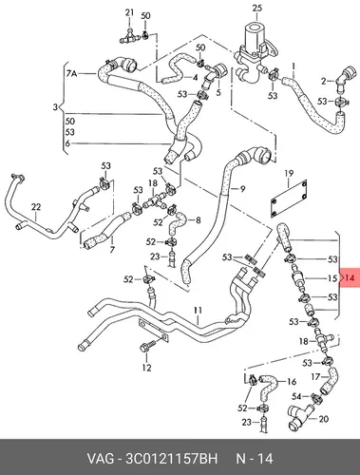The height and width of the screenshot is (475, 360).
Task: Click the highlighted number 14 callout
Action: [x=350, y=278]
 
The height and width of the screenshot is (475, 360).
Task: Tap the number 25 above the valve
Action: [x=257, y=8]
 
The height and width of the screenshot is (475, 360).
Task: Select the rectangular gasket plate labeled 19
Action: [x=289, y=199]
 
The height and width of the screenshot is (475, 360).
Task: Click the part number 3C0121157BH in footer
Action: [x=172, y=459]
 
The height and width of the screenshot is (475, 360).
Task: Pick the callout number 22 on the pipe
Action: [x=36, y=207]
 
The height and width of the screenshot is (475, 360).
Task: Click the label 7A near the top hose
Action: [x=71, y=74]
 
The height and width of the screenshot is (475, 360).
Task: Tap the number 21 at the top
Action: [x=129, y=12]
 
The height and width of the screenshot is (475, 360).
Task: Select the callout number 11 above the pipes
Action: [x=198, y=311]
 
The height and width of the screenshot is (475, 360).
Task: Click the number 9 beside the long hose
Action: [x=242, y=189]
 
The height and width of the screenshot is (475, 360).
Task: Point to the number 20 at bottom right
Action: [x=323, y=419]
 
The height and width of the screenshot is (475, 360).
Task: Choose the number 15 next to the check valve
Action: [x=332, y=278]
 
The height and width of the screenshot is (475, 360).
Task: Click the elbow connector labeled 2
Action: [x=344, y=78]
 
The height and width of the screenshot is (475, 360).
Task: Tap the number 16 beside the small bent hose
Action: [x=292, y=382]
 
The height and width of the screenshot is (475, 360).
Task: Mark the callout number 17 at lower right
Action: [x=315, y=377]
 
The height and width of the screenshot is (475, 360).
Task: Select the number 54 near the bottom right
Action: [x=296, y=396]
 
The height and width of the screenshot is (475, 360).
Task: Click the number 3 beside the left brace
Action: [x=55, y=107]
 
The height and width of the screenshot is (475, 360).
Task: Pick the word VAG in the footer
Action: [x=100, y=459]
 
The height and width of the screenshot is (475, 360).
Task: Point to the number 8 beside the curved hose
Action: [x=199, y=219]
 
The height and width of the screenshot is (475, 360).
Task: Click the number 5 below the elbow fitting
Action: [x=218, y=93]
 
